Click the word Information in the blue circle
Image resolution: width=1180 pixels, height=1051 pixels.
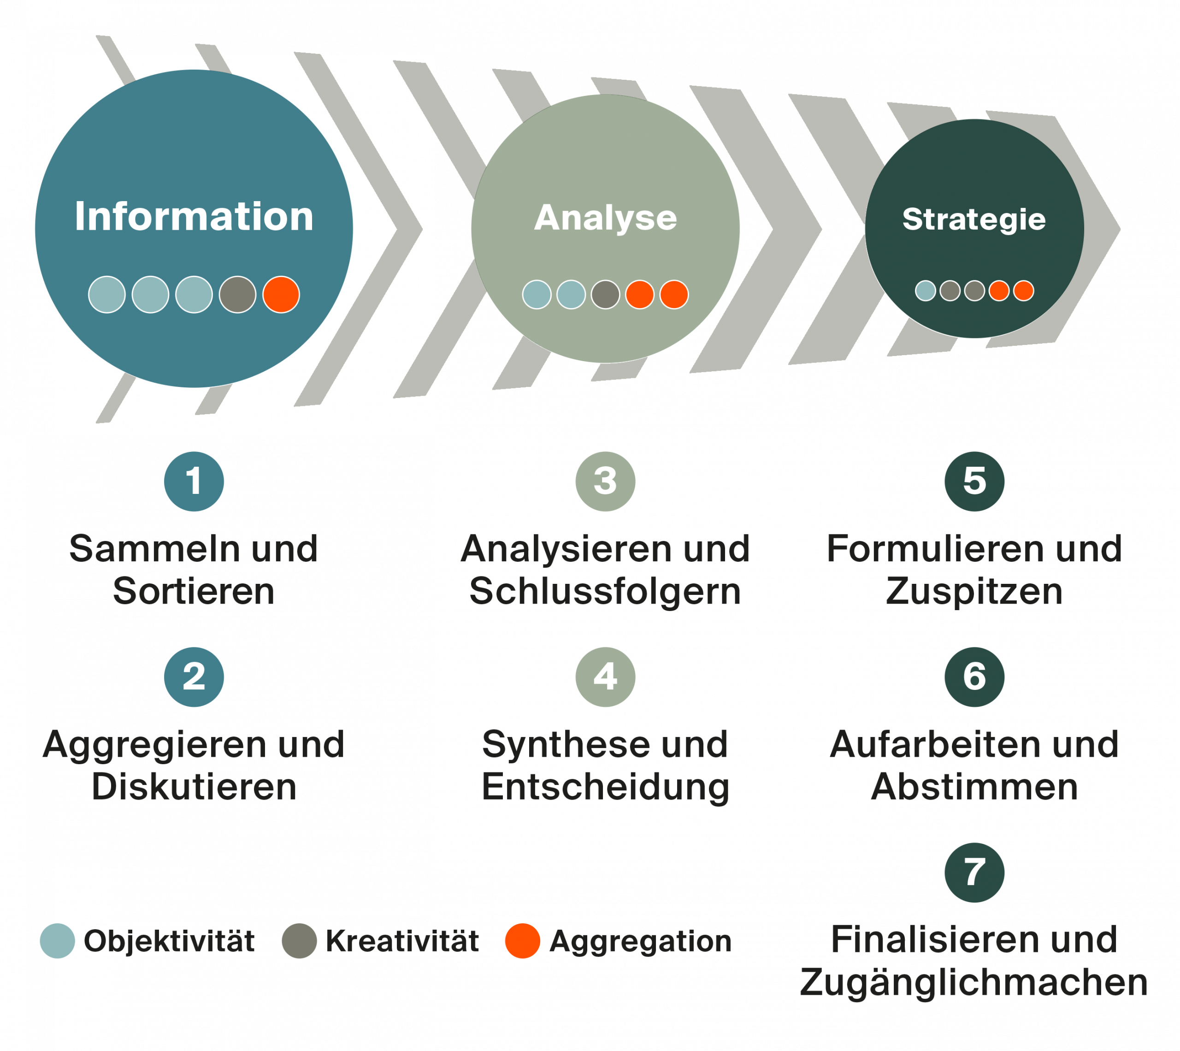coord(194,217)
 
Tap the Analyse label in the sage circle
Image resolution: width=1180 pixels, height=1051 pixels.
coord(605,218)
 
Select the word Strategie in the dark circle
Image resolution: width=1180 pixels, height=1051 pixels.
coord(974,220)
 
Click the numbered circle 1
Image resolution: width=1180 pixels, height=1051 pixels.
coord(194,481)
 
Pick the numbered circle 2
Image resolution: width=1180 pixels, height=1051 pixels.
coord(194,677)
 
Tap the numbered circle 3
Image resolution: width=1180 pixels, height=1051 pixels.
coord(605,481)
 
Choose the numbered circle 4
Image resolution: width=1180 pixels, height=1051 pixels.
coord(605,677)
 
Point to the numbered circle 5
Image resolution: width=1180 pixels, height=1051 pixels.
coord(974,481)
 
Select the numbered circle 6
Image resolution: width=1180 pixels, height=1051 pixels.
coord(974,677)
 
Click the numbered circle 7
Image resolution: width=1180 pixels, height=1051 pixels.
coord(974,873)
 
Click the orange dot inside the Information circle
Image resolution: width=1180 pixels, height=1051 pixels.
coord(281,295)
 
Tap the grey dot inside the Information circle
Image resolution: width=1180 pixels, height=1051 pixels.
coord(237,295)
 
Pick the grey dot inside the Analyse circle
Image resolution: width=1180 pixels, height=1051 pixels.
coord(605,295)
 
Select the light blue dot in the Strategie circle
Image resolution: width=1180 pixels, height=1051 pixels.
coord(926,291)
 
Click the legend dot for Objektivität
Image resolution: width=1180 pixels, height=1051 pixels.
coord(57,941)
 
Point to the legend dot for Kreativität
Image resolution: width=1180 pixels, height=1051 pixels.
coord(299,941)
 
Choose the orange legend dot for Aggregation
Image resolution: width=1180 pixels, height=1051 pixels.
coord(522,941)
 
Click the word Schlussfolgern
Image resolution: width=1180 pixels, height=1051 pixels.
coord(605,592)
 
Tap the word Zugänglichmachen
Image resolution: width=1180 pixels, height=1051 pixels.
coord(974,982)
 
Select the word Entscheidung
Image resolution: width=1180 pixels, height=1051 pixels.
coord(605,788)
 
